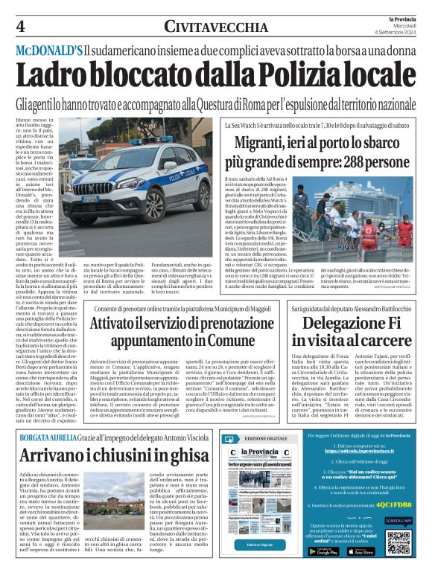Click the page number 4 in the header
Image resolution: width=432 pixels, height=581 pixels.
click(x=20, y=26)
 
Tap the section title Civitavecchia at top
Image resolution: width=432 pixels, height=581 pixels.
click(x=215, y=27)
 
